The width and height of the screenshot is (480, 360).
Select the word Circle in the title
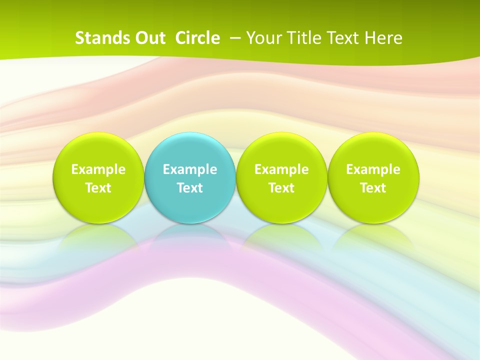click(x=197, y=38)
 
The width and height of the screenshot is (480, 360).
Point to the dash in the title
click(x=234, y=38)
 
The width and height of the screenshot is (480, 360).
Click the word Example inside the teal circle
click(x=190, y=169)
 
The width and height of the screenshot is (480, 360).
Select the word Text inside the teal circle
click(x=190, y=188)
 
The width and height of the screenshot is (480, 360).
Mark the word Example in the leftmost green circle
click(x=98, y=169)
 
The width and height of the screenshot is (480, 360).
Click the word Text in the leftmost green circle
click(x=98, y=188)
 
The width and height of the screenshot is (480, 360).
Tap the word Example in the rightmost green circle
click(x=373, y=169)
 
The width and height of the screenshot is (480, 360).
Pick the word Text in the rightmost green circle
click(x=373, y=188)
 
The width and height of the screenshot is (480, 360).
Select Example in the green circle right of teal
click(x=281, y=169)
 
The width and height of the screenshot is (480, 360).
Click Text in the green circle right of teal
click(x=281, y=188)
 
